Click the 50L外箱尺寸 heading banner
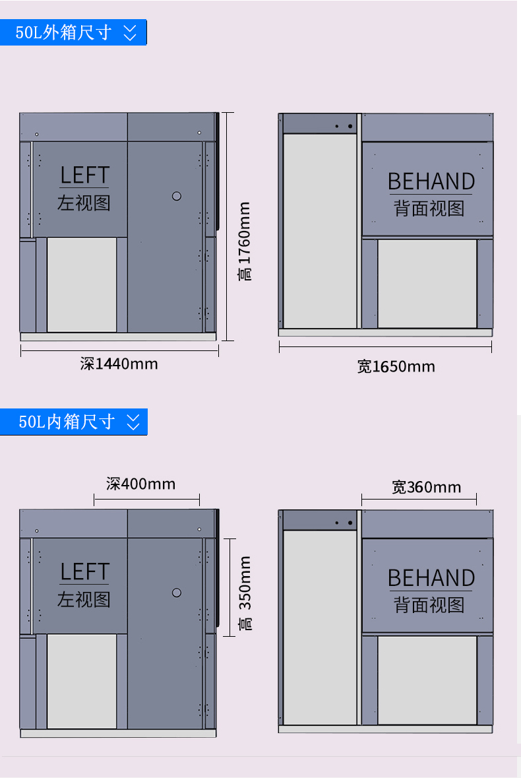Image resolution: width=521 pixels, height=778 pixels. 73,32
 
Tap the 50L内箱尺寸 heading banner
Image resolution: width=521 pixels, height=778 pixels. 73,422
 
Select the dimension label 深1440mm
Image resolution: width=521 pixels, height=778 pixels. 119,364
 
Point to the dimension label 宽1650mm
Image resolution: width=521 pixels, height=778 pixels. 396,367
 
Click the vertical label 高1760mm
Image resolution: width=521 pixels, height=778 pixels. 245,242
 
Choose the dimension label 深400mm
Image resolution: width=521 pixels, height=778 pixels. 140,484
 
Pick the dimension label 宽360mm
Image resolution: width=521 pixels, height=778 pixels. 426,487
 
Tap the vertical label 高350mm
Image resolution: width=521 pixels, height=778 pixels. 245,593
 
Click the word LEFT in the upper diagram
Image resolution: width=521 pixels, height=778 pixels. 84,175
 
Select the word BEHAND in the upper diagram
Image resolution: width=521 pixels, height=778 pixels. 431,181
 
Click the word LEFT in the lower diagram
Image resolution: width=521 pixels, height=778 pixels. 84,571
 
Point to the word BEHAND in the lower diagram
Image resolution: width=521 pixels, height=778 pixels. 431,578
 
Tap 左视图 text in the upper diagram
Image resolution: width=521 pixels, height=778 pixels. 84,203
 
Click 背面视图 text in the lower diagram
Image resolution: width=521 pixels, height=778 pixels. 429,605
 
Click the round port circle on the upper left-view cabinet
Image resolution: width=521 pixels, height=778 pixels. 177,196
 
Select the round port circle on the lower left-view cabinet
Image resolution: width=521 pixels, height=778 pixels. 177,593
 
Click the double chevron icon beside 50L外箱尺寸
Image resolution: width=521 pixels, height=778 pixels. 130,33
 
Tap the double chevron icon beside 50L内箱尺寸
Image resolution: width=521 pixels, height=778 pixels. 133,422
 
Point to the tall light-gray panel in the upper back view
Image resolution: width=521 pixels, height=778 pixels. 320,231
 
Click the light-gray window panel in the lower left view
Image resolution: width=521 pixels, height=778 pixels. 82,681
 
